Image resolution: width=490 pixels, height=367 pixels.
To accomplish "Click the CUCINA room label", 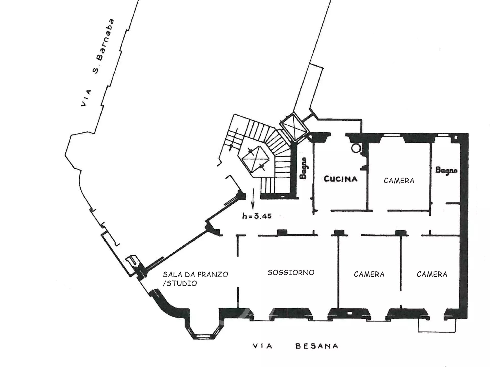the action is pyautogui.click(x=340, y=179).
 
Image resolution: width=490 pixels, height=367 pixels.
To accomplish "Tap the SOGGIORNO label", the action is pyautogui.click(x=291, y=272).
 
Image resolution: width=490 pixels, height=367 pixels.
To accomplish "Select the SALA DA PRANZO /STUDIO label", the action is pyautogui.click(x=195, y=279).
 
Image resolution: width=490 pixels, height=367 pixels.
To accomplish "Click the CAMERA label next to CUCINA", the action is pyautogui.click(x=399, y=180).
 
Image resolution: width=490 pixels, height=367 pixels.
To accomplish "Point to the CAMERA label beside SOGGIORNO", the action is pyautogui.click(x=369, y=274).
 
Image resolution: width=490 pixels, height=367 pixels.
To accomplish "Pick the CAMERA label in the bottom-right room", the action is pyautogui.click(x=432, y=274).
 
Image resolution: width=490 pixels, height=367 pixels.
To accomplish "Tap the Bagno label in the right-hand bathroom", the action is pyautogui.click(x=446, y=170).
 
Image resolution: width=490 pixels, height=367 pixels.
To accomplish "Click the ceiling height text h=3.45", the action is pyautogui.click(x=257, y=216).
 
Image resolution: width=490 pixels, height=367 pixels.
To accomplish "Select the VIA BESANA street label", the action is pyautogui.click(x=296, y=346).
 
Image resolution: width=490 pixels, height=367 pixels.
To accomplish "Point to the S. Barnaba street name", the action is pyautogui.click(x=103, y=46).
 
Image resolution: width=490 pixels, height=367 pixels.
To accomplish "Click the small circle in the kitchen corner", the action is pyautogui.click(x=356, y=148).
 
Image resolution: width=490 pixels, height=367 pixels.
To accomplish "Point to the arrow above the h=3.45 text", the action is pyautogui.click(x=253, y=199).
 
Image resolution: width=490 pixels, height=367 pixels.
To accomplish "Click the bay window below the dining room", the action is pyautogui.click(x=203, y=329).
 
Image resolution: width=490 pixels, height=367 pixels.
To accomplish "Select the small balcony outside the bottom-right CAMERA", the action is pyautogui.click(x=437, y=326).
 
